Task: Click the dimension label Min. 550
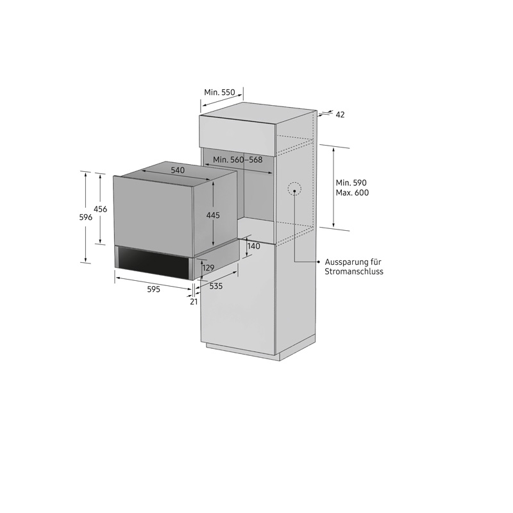(219, 92)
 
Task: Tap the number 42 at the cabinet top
(341, 115)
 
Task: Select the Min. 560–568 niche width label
(238, 160)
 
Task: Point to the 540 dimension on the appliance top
(178, 170)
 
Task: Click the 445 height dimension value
(213, 215)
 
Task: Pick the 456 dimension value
(101, 209)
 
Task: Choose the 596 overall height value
(86, 217)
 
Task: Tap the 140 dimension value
(254, 246)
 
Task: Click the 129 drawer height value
(208, 268)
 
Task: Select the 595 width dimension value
(153, 289)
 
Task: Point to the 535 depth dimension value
(216, 286)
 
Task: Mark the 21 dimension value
(194, 301)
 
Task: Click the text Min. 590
(351, 183)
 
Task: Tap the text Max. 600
(352, 193)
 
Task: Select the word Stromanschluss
(354, 271)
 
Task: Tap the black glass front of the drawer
(154, 263)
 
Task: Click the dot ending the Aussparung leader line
(318, 262)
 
